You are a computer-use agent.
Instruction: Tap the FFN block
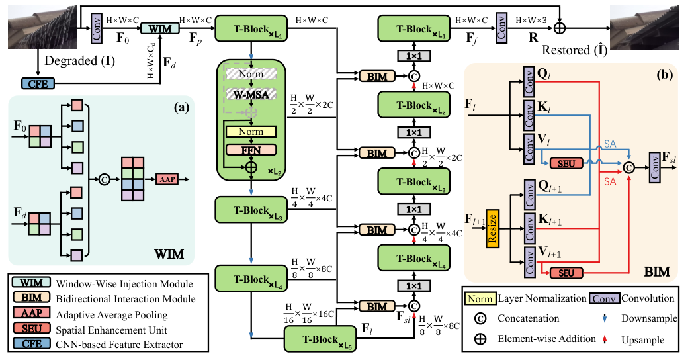(251, 150)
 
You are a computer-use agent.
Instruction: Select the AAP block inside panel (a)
(167, 179)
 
